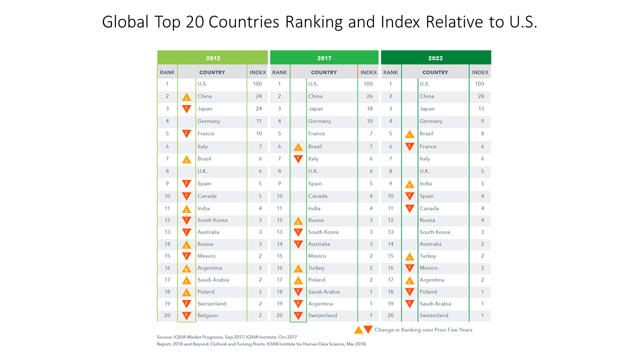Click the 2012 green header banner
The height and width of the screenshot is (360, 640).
(212, 58)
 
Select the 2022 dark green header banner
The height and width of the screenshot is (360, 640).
(435, 58)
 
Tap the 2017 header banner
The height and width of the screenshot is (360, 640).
(324, 58)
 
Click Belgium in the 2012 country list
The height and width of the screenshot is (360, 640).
(207, 315)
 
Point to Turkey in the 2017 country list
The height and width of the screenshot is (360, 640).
(316, 268)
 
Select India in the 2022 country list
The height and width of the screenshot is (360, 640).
(426, 183)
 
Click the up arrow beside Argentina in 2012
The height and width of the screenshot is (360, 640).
(186, 268)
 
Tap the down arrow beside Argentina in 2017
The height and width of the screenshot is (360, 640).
(298, 303)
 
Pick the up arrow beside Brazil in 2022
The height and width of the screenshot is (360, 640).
(409, 134)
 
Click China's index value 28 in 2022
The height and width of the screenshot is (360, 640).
(480, 96)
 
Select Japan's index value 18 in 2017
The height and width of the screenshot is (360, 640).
(368, 108)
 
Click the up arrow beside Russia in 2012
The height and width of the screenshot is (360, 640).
(186, 244)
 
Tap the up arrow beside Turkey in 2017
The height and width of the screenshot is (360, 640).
(298, 268)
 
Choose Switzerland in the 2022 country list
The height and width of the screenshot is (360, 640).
(434, 315)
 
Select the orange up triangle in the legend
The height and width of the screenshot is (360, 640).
(358, 329)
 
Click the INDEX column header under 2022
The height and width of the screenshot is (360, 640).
(480, 72)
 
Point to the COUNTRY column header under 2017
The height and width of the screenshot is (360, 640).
(324, 72)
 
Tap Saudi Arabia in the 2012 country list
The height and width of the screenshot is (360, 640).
(213, 280)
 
